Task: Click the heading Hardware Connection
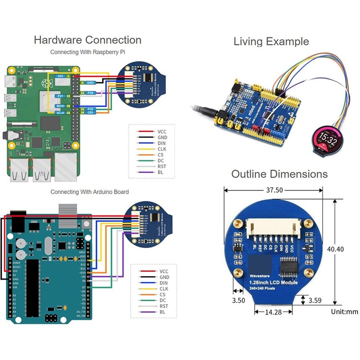(88, 40)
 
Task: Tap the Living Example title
(271, 42)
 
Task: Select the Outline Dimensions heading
(279, 174)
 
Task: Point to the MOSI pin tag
(60, 105)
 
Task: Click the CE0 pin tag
(91, 113)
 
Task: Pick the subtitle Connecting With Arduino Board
(90, 192)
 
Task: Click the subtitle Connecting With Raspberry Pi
(87, 52)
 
